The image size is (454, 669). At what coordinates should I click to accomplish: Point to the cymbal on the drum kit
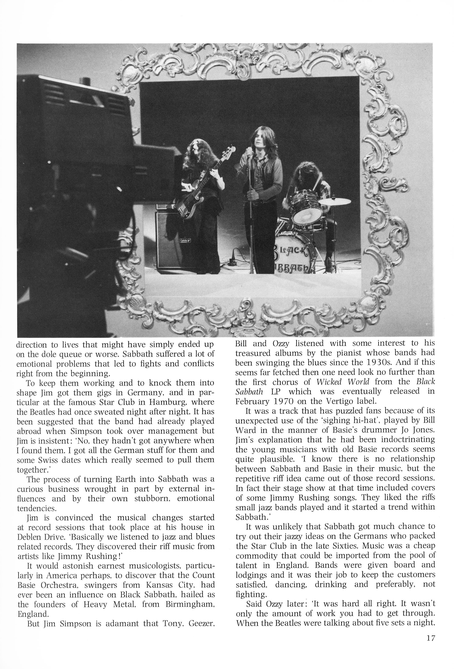pyautogui.click(x=335, y=202)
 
